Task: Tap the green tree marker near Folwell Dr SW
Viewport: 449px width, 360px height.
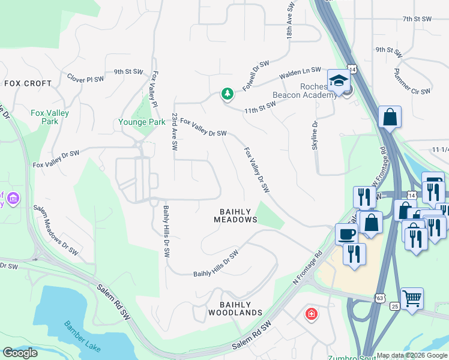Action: (x=227, y=94)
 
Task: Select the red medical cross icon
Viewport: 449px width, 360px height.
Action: (x=311, y=314)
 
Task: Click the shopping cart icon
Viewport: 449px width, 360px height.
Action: (x=412, y=298)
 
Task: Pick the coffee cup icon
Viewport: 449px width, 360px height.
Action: (x=346, y=233)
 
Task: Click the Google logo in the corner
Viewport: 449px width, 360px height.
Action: (x=20, y=353)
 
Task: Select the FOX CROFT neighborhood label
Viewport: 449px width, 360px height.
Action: (x=28, y=83)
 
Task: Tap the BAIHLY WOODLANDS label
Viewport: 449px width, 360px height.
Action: (x=235, y=308)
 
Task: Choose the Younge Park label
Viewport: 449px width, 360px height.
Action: (x=141, y=122)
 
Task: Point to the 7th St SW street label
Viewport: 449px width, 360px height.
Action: (x=417, y=19)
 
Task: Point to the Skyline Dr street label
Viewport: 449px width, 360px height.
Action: (x=314, y=134)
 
